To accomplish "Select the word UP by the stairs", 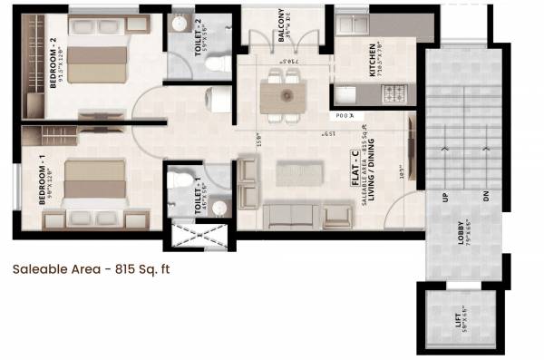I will coord(444,198).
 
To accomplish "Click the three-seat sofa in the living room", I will coord(290,215).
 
